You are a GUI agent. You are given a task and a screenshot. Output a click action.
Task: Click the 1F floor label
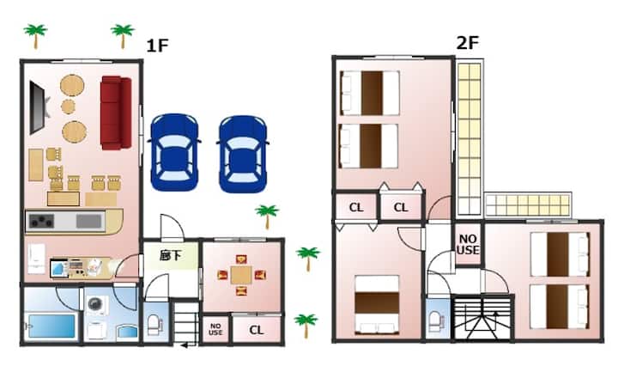point(157,46)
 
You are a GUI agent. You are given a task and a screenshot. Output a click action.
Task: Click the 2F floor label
point(468,43)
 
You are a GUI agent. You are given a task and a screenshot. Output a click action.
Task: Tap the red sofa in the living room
point(116,113)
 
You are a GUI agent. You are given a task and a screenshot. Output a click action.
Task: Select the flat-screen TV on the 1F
point(39,107)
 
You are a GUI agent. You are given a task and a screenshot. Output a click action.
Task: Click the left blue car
point(173,152)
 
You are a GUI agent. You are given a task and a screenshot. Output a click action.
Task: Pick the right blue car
point(243,154)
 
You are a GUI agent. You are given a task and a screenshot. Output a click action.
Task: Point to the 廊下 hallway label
point(170,256)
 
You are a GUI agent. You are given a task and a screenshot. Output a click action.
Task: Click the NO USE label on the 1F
point(215,329)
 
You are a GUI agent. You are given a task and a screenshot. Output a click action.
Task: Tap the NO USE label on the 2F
point(468,244)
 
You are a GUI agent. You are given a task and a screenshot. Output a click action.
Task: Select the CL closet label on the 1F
point(256,330)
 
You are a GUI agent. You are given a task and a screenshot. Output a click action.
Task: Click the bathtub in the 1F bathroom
point(51,326)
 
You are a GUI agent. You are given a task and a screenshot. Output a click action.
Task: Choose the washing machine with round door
point(96,304)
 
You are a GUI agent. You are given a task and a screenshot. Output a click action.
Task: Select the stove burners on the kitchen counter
point(41,221)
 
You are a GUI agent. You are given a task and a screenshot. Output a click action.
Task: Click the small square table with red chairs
point(241,275)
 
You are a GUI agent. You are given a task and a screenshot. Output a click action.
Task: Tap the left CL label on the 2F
point(356,207)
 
